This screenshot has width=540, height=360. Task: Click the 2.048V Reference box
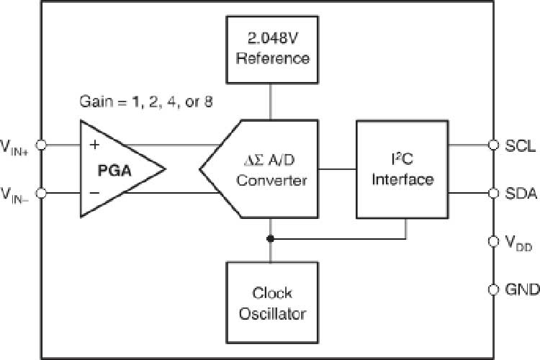(x=270, y=48)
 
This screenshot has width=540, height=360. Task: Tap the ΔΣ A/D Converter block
(x=266, y=169)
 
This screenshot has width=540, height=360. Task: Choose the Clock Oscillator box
(x=269, y=302)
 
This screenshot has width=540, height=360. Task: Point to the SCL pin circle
(x=493, y=145)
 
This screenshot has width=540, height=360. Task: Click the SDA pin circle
(x=493, y=193)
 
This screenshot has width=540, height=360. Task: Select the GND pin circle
(x=493, y=289)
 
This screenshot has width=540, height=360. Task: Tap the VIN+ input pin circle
(x=42, y=145)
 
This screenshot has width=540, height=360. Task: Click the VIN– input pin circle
(x=42, y=193)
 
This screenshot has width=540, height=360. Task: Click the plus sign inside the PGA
(x=94, y=145)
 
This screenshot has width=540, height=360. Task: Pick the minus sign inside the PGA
(x=94, y=193)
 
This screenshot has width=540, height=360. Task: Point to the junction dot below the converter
(x=270, y=238)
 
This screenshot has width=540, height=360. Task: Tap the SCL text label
(x=520, y=145)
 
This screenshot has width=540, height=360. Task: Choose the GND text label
(x=522, y=289)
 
